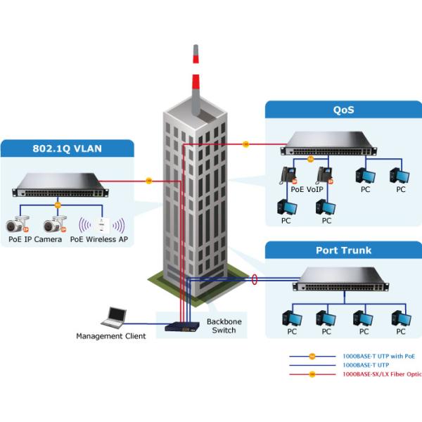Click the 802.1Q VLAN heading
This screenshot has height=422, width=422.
[x=68, y=149]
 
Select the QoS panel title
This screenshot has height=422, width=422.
[x=343, y=110]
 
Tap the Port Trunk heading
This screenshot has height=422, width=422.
[x=343, y=250]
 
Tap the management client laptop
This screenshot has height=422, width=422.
[x=114, y=317]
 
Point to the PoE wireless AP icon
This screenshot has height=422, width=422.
[x=103, y=226]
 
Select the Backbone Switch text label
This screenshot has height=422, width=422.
[x=224, y=326]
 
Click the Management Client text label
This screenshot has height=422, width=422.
[x=111, y=336]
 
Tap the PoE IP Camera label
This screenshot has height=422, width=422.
[x=35, y=239]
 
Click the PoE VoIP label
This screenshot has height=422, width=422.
[x=307, y=188]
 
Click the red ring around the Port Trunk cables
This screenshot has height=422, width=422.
[x=254, y=280]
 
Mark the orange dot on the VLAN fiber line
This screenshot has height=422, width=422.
[x=148, y=181]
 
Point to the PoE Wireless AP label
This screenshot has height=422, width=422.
[x=98, y=239]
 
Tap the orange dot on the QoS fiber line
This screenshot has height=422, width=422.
[x=245, y=145]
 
